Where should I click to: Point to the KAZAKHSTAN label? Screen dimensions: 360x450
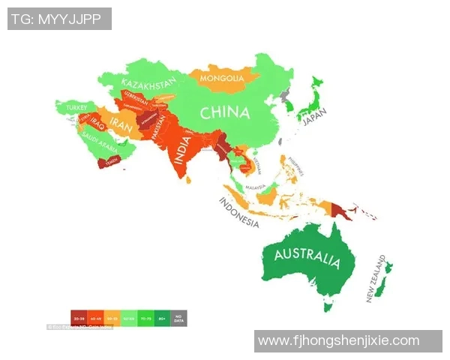(x=148, y=82)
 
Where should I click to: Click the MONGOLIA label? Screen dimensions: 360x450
(x=222, y=78)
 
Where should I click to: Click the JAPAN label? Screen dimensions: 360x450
(x=315, y=121)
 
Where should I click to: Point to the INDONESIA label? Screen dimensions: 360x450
(x=239, y=213)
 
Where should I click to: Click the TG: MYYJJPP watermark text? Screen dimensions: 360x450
(x=59, y=19)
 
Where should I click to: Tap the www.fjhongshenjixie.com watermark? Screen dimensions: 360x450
(x=338, y=341)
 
